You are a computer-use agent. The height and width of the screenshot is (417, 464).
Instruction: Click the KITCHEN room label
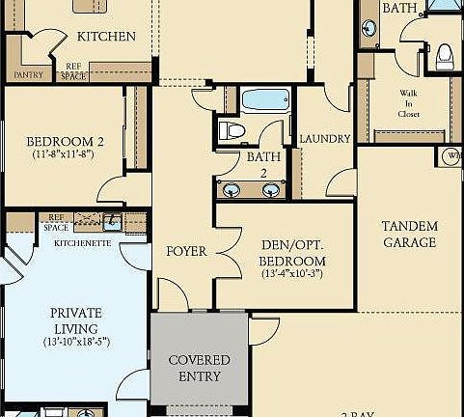(x=105, y=37)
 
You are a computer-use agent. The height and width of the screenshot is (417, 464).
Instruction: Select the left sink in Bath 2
(x=234, y=189)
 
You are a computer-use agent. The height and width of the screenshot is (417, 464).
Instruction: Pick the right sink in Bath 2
(x=271, y=189)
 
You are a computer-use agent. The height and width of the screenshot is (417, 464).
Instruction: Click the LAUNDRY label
(x=324, y=139)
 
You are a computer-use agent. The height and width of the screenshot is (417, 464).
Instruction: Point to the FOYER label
(x=186, y=251)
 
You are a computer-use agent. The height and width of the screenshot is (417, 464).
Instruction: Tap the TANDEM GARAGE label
(x=409, y=235)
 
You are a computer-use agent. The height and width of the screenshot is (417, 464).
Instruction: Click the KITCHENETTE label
(x=83, y=244)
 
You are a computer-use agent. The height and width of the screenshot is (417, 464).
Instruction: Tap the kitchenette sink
(x=112, y=221)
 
